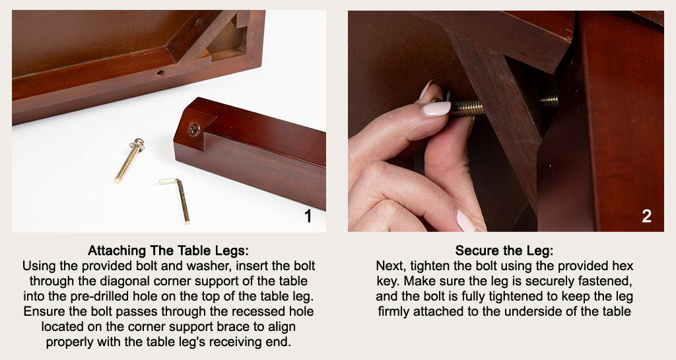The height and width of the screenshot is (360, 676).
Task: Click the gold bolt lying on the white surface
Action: click(x=128, y=162)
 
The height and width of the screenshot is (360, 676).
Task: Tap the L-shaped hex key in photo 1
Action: click(x=180, y=198)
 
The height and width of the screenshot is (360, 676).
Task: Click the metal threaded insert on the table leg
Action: click(x=193, y=129)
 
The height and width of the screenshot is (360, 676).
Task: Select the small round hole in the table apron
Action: click(x=160, y=73)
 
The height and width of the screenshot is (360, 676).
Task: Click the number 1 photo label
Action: click(x=307, y=216)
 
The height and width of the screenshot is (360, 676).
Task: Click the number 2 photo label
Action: click(x=646, y=216)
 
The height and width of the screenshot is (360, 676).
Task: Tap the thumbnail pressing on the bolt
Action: click(x=436, y=108)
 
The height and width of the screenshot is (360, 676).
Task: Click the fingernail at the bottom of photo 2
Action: click(x=465, y=221)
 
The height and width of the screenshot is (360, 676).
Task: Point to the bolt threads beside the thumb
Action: click(x=467, y=108)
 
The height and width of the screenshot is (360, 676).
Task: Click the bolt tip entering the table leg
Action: click(x=549, y=101)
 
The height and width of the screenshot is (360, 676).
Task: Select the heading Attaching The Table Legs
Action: click(x=169, y=252)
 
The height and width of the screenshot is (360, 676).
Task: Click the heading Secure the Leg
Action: click(x=504, y=252)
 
